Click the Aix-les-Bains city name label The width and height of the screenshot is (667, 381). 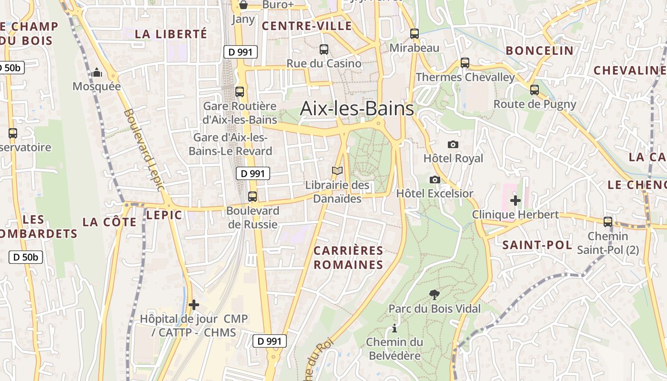click(357, 109)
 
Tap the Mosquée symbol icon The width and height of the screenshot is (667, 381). click(97, 72)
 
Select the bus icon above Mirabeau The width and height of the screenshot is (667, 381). click(414, 33)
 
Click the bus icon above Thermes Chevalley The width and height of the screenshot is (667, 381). click(465, 62)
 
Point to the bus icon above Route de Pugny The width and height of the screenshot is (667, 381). click(535, 90)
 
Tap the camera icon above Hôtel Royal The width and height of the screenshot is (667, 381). click(453, 144)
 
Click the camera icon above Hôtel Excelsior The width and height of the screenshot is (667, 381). click(435, 180)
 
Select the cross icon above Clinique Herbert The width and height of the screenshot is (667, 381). click(515, 201)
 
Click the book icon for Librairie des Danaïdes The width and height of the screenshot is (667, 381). click(337, 170)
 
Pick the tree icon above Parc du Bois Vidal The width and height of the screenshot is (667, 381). click(434, 294)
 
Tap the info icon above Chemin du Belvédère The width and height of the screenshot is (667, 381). click(394, 328)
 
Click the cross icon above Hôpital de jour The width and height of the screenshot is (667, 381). click(193, 305)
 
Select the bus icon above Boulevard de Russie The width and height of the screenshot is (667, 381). click(253, 196)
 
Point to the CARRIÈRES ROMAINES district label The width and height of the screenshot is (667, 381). click(348, 258)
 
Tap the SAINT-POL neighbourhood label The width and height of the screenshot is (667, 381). click(537, 245)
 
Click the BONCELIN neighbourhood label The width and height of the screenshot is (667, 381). click(539, 50)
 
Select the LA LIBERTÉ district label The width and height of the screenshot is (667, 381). click(171, 34)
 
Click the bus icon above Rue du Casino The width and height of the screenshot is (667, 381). click(324, 49)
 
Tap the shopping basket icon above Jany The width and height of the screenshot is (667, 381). click(243, 5)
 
